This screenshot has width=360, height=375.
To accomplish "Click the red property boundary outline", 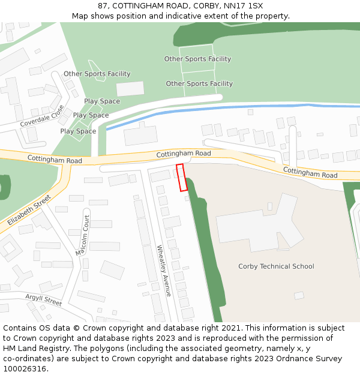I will pyautogui.click(x=182, y=177).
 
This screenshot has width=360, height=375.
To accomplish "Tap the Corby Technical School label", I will pyautogui.click(x=276, y=266).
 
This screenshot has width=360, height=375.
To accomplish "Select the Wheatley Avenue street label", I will pyautogui.click(x=164, y=270).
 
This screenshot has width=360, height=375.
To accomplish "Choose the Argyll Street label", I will pyautogui.click(x=44, y=299).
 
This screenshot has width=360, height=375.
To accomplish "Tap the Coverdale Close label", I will pyautogui.click(x=42, y=116).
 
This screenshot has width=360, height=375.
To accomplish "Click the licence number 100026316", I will pyautogui.click(x=25, y=368).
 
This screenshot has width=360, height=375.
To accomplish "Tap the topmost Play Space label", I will pyautogui.click(x=102, y=101).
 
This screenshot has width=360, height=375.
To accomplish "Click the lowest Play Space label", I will pyautogui.click(x=78, y=131).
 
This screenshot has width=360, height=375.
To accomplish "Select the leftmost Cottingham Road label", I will pyautogui.click(x=55, y=160).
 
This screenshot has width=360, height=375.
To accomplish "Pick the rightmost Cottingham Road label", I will pyautogui.click(x=310, y=173).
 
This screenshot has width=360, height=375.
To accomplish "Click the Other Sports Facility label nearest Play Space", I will pyautogui.click(x=97, y=74).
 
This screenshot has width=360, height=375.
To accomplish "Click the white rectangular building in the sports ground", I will pyautogui.click(x=130, y=89).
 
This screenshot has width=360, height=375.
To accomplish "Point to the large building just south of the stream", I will pyautogui.click(x=140, y=135).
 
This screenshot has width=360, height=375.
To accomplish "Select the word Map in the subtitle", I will pyautogui.click(x=80, y=16).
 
